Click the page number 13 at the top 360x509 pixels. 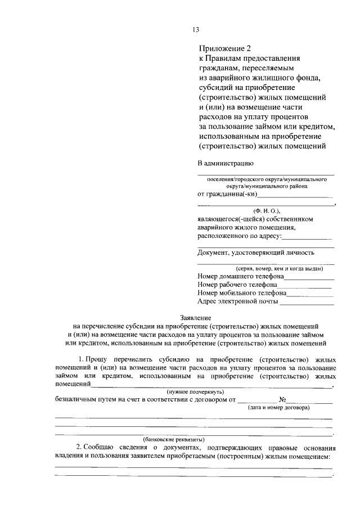pyautogui.click(x=196, y=30)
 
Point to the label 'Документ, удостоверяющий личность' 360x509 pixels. pyautogui.click(x=256, y=253)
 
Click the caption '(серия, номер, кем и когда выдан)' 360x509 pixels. pyautogui.click(x=272, y=269)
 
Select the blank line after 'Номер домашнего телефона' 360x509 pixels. pyautogui.click(x=309, y=278)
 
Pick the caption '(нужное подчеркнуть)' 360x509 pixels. pyautogui.click(x=195, y=391)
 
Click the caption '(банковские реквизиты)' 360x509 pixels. pyautogui.click(x=173, y=439)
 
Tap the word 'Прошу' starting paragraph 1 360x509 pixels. pyautogui.click(x=96, y=358)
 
